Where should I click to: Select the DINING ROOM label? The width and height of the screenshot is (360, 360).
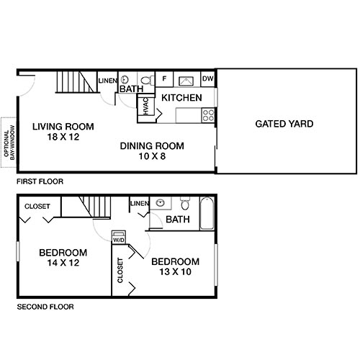tap(152, 145)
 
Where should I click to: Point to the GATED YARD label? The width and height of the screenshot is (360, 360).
tap(284, 124)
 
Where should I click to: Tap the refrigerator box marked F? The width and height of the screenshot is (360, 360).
tap(164, 78)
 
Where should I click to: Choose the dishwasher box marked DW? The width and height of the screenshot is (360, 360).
tap(207, 78)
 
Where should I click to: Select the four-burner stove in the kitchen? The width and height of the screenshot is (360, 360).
tap(209, 113)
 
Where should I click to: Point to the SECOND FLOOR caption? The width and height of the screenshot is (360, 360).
tap(45, 307)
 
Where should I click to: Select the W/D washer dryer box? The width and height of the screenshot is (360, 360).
tap(119, 238)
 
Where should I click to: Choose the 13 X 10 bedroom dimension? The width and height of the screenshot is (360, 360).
tap(175, 271)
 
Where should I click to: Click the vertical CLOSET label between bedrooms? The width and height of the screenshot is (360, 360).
tap(120, 272)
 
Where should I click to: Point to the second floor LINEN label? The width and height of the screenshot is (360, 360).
tap(139, 204)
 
